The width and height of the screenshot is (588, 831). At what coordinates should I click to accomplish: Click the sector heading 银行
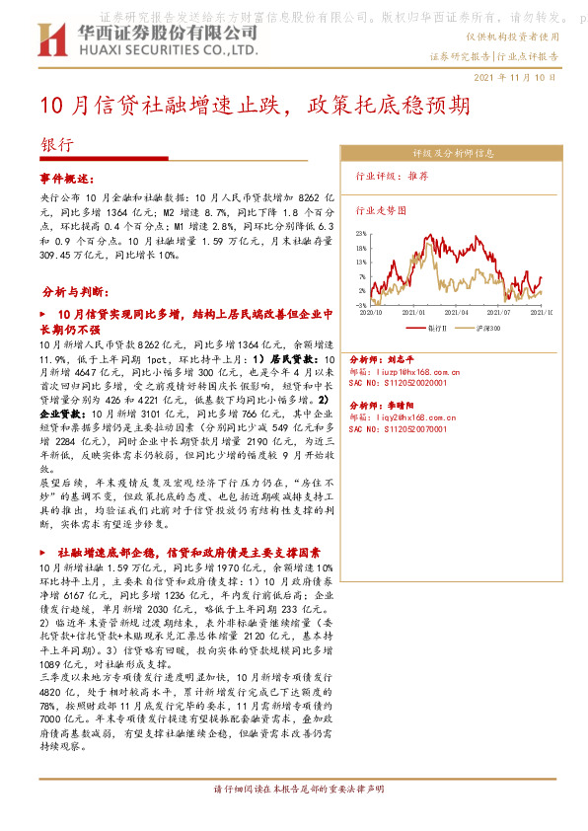click(56, 143)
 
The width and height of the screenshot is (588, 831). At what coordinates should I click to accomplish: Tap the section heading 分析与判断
click(69, 293)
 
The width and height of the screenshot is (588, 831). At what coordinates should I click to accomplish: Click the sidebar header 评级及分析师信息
click(453, 153)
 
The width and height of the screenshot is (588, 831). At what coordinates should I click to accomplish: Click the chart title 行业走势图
click(380, 210)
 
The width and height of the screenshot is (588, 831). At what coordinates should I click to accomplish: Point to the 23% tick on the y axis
click(362, 234)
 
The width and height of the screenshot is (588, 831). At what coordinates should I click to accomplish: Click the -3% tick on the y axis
click(362, 306)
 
